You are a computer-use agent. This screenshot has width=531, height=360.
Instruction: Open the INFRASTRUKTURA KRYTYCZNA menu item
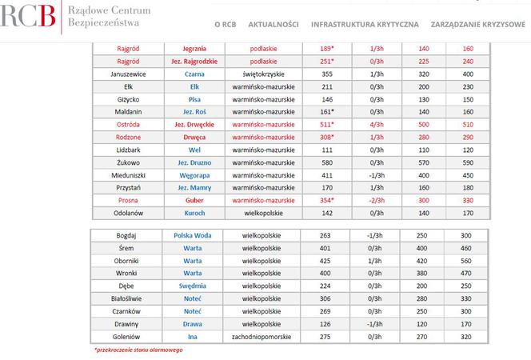tap(364, 25)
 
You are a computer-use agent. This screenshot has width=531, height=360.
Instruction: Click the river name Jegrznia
tap(194, 48)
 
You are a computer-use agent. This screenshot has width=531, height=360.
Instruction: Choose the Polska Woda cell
tap(192, 235)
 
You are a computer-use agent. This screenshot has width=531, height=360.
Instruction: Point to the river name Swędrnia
tap(192, 286)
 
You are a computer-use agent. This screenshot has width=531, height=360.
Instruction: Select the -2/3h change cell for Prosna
tap(373, 200)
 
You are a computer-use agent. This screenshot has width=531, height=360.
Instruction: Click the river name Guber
tap(194, 200)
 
